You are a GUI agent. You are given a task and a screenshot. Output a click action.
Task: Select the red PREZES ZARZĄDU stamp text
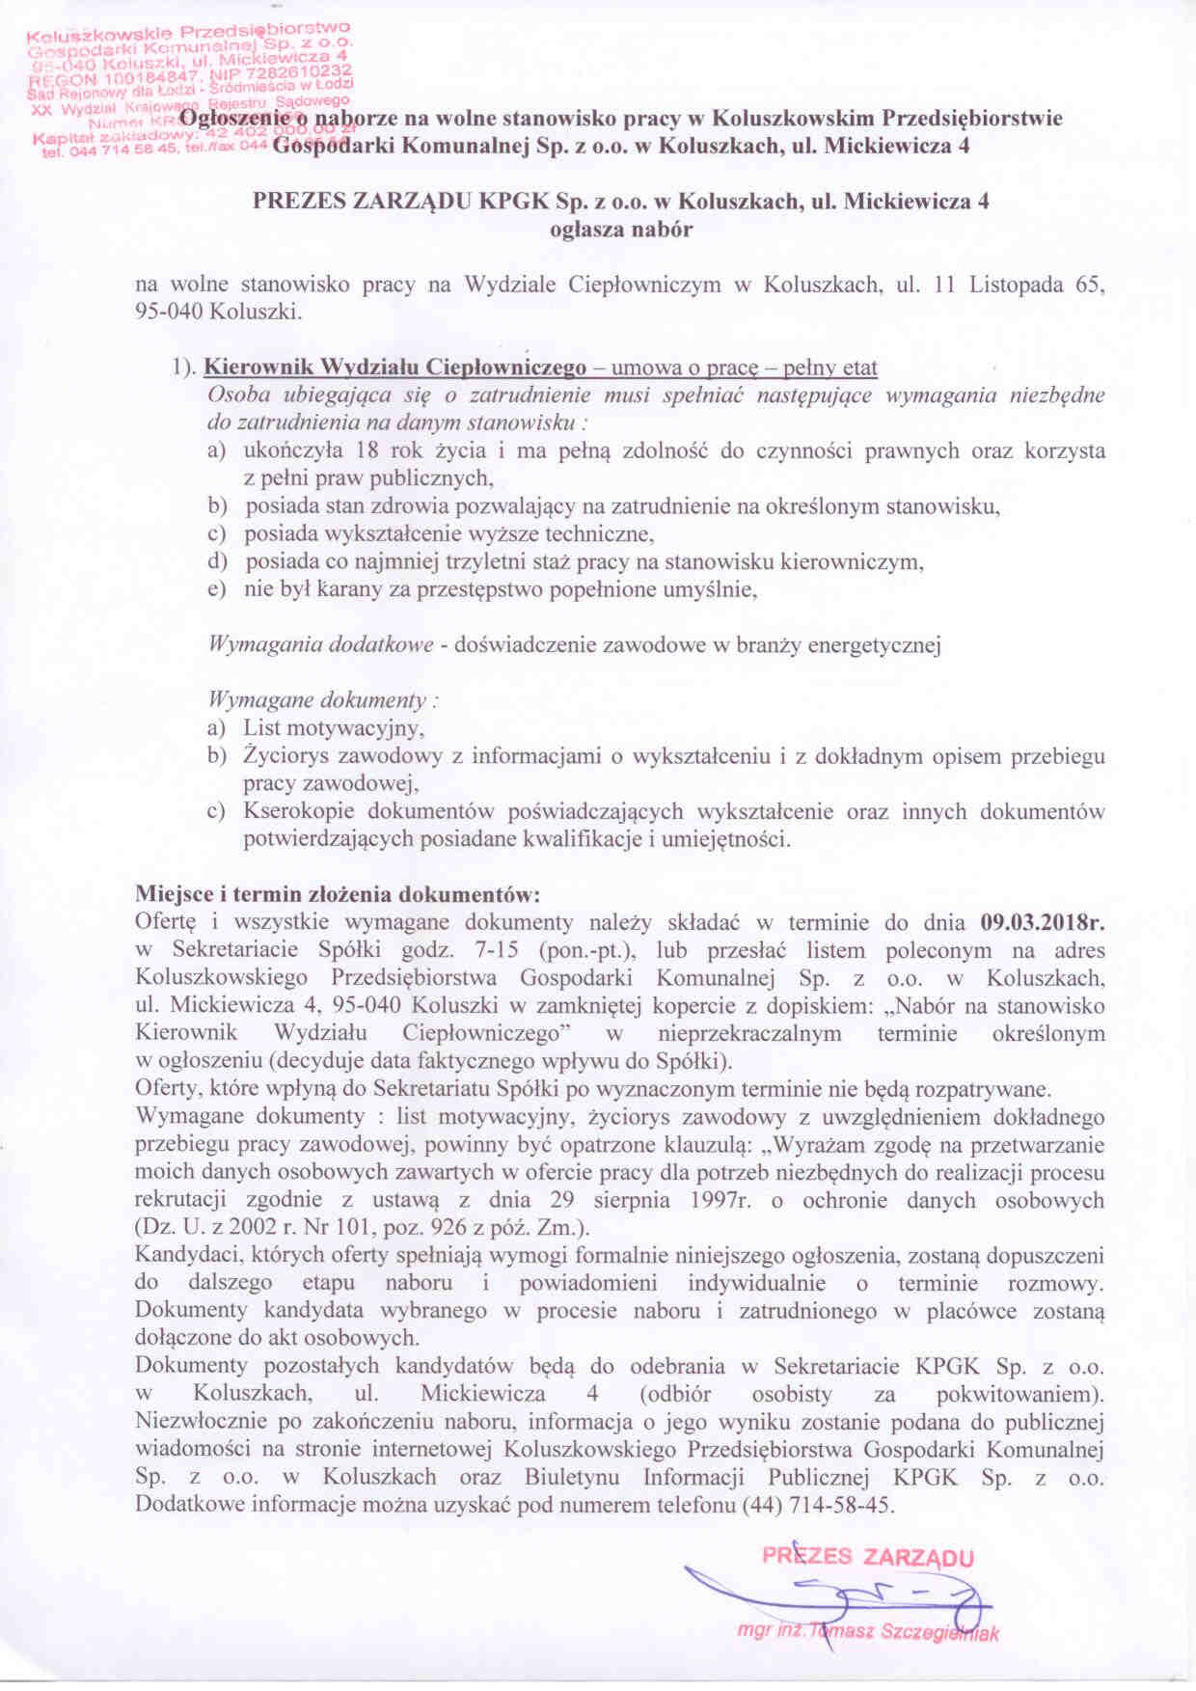coord(868,1556)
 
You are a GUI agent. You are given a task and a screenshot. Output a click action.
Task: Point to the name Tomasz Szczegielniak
coord(903,1632)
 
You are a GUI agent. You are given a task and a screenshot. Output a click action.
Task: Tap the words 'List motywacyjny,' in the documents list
coord(334,727)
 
